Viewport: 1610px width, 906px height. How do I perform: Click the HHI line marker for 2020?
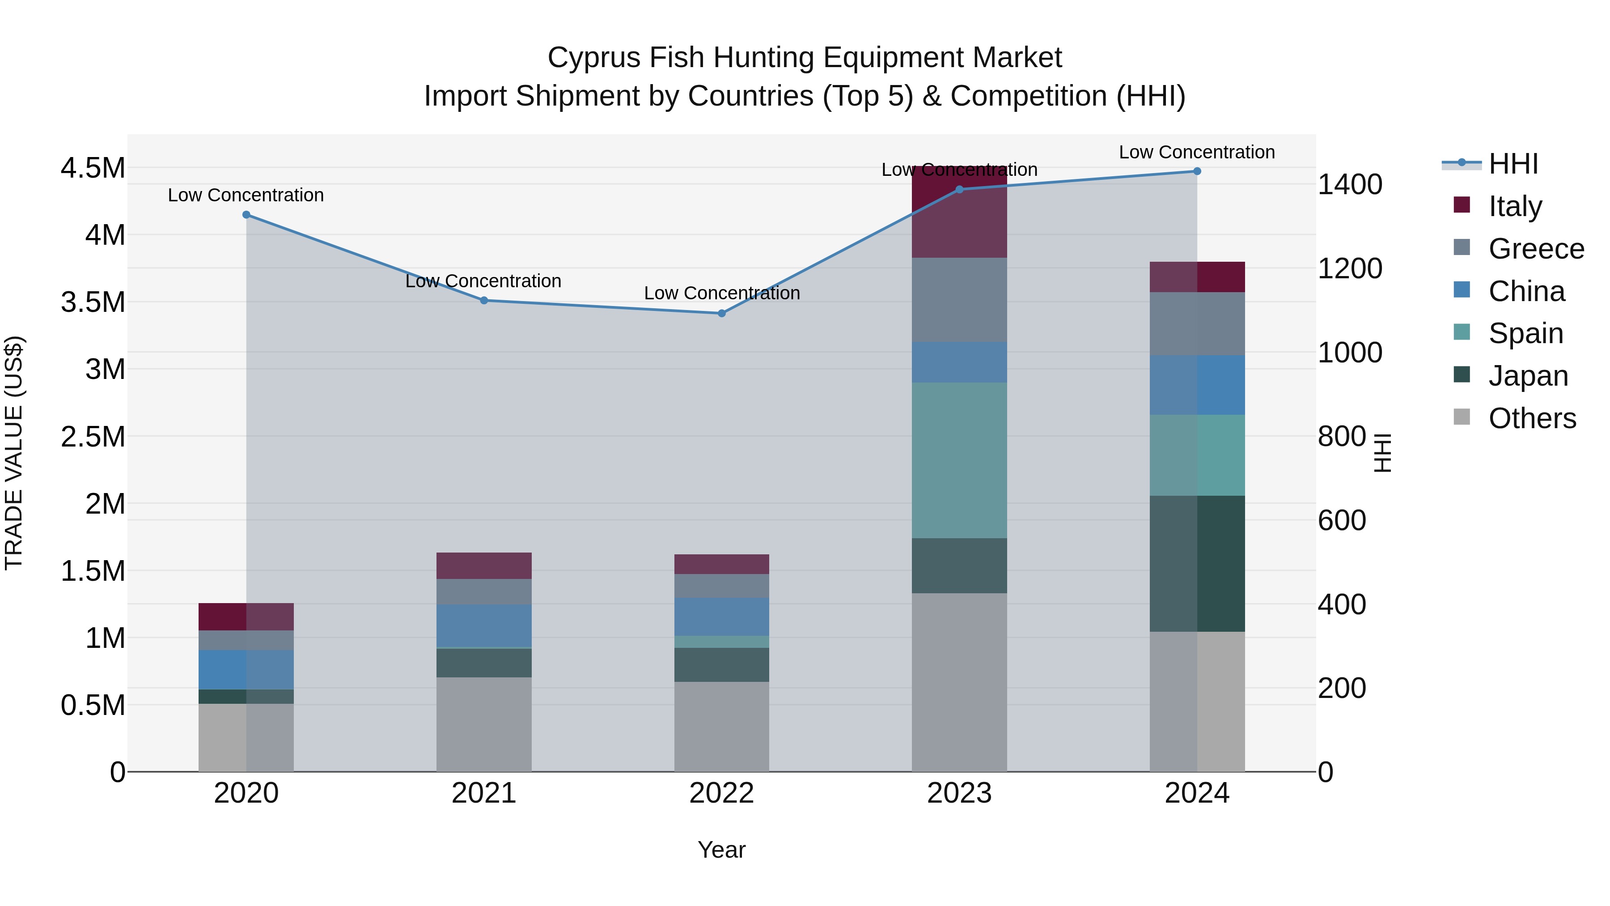pyautogui.click(x=246, y=214)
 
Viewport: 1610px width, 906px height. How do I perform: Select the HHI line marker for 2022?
pyautogui.click(x=721, y=313)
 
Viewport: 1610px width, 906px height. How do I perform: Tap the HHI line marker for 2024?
pyautogui.click(x=1197, y=171)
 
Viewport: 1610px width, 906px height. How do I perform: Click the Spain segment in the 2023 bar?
pyautogui.click(x=959, y=460)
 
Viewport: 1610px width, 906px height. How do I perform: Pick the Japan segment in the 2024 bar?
pyautogui.click(x=1197, y=563)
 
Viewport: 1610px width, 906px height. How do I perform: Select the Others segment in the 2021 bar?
pyautogui.click(x=484, y=724)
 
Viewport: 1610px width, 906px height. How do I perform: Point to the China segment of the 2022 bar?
pyautogui.click(x=721, y=617)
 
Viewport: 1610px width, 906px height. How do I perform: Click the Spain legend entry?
pyautogui.click(x=1525, y=333)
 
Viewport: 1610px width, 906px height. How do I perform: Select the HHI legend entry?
pyautogui.click(x=1513, y=164)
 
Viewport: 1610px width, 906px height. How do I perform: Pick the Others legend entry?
pyautogui.click(x=1531, y=418)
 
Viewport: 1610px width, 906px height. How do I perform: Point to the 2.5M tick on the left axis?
pyautogui.click(x=93, y=436)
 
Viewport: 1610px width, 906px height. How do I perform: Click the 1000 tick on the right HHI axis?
pyautogui.click(x=1350, y=353)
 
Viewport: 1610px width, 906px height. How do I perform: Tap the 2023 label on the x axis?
pyautogui.click(x=959, y=793)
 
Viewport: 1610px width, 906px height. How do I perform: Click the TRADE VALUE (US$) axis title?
pyautogui.click(x=14, y=453)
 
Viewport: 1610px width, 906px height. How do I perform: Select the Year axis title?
pyautogui.click(x=721, y=850)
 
